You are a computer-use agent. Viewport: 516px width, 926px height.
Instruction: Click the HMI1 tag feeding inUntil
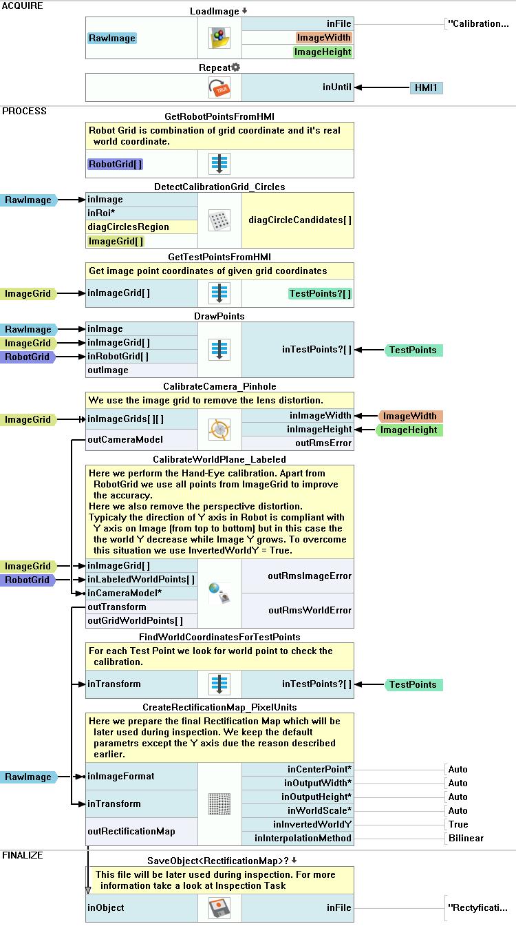coord(427,87)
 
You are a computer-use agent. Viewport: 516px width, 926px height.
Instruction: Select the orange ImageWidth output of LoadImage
coord(323,38)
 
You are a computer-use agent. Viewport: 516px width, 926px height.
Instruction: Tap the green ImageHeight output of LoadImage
coord(322,52)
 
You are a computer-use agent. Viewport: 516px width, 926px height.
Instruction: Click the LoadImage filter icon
coord(219,38)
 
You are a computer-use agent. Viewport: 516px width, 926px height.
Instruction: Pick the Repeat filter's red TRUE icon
coord(219,87)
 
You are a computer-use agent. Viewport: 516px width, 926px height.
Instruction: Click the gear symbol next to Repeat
coord(235,67)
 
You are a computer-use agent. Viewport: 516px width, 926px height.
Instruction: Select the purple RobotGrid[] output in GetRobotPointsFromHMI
coord(116,164)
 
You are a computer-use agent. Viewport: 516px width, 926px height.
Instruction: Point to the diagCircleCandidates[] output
coord(300,220)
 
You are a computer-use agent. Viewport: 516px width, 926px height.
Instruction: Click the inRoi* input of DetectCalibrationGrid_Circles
coord(101,213)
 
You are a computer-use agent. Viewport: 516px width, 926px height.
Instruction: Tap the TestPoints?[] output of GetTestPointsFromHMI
coord(320,293)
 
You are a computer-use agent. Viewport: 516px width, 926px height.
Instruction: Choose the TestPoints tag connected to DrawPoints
coord(413,350)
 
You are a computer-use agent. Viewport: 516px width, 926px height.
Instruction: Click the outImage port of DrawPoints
coord(108,370)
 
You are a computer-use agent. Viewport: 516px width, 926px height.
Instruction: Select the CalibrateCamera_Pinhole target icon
coord(219,430)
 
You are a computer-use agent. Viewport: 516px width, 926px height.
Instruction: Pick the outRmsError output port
coord(323,443)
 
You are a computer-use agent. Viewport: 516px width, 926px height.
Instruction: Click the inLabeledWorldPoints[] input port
coord(141,580)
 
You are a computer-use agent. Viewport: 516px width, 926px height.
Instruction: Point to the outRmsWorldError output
coord(310,610)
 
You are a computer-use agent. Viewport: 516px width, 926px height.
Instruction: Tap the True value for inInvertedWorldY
coord(458,824)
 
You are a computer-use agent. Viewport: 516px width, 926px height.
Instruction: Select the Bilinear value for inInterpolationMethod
coord(466,838)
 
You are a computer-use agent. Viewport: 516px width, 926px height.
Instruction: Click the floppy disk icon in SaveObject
coord(219,907)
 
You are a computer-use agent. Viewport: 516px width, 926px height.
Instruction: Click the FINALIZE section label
coord(23,855)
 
